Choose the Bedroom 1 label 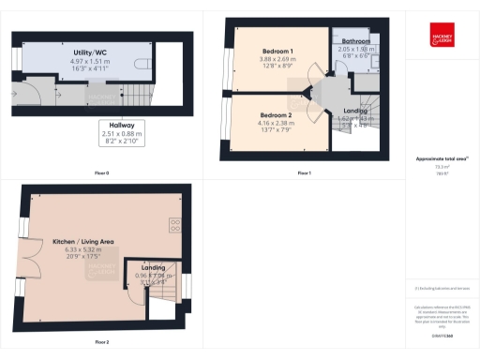277,50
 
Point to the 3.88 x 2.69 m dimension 277,58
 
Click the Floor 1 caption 304,173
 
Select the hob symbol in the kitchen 174,224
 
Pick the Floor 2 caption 100,342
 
